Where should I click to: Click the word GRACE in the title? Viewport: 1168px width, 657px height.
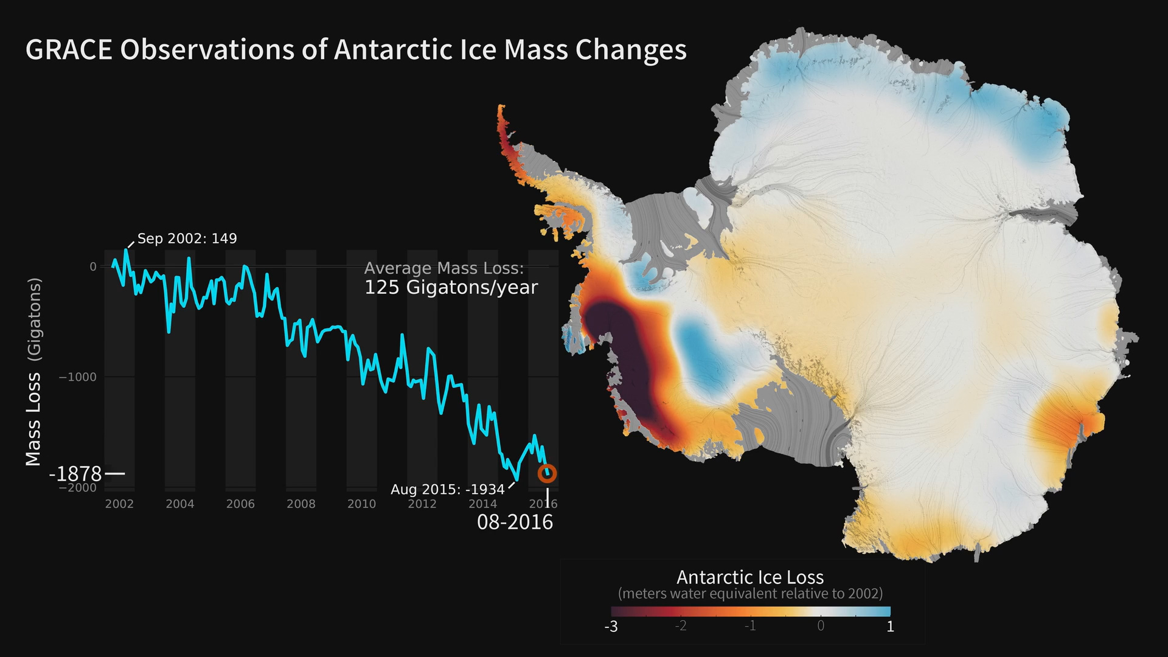coord(69,50)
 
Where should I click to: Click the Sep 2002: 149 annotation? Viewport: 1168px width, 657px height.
coord(187,238)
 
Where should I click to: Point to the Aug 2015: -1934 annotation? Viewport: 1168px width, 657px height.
coord(447,489)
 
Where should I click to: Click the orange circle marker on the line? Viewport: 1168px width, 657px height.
coord(547,473)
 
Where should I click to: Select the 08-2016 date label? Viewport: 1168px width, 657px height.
coord(515,522)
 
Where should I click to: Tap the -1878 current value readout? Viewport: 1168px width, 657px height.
coord(75,473)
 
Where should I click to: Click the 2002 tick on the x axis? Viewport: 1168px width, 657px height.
coord(119,504)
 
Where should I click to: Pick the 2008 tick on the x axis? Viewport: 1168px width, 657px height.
coord(301,504)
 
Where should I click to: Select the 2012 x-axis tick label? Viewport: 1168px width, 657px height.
coord(422,504)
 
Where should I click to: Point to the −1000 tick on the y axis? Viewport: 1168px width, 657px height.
coord(77,377)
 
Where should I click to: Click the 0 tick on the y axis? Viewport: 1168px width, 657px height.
coord(93,266)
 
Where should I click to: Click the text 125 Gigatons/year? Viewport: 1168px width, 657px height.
coord(451,287)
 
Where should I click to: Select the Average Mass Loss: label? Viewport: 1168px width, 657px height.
coord(443,268)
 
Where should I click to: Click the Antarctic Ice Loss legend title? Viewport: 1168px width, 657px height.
coord(750,577)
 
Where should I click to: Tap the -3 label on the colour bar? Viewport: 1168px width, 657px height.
coord(611,627)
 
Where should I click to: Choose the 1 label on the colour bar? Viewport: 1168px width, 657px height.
coord(890,627)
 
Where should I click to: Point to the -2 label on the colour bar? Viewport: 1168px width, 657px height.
coord(681,626)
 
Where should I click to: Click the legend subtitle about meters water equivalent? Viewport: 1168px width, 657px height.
coord(750,594)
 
